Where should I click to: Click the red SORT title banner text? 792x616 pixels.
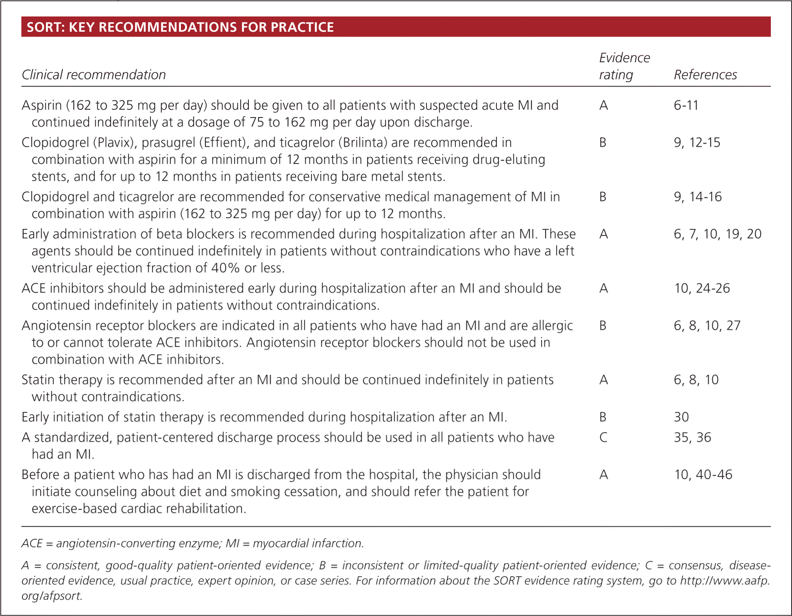180,27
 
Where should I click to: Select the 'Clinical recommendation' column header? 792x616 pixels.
94,75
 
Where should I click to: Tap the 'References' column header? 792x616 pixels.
705,75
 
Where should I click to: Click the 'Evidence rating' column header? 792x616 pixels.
624,66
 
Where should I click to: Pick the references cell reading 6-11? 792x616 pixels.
686,105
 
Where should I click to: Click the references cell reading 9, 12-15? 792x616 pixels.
697,143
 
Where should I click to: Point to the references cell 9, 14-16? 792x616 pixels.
698,197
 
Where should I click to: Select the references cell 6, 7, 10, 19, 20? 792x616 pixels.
718,234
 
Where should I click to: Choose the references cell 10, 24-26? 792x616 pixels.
702,288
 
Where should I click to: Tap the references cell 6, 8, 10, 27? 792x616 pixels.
707,326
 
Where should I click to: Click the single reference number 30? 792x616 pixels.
681,417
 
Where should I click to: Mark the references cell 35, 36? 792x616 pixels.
692,438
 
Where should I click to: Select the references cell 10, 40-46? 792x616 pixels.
703,475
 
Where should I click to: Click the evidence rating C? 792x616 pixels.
603,438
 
